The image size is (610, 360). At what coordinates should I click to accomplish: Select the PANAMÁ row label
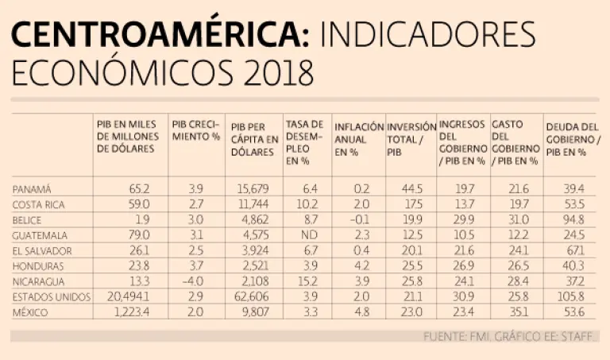(x=32, y=189)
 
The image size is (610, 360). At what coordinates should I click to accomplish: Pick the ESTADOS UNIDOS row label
(x=49, y=297)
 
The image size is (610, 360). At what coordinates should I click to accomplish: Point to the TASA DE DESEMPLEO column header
(x=304, y=142)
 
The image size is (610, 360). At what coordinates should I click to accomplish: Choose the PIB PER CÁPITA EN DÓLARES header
(x=254, y=142)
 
